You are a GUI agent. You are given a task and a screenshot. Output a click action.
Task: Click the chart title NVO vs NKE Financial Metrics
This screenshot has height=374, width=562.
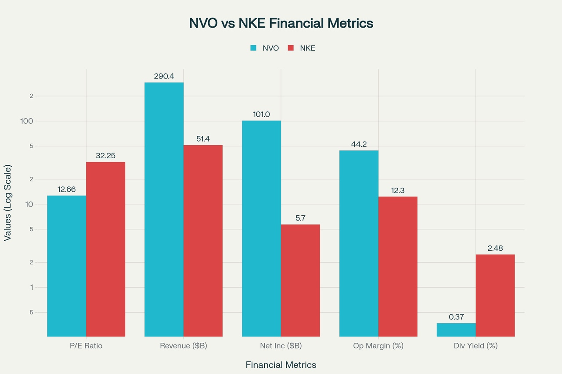pyautogui.click(x=281, y=23)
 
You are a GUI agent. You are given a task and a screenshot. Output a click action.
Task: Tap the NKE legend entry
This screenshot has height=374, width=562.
pyautogui.click(x=302, y=48)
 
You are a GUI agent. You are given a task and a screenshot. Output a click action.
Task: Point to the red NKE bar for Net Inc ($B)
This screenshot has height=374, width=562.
pyautogui.click(x=300, y=281)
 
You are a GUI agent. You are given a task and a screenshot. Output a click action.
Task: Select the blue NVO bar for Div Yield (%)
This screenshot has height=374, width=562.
pyautogui.click(x=456, y=330)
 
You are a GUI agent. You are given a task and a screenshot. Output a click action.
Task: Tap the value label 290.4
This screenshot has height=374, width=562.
pyautogui.click(x=164, y=76)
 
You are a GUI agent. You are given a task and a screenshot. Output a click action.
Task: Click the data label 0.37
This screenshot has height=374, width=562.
pyautogui.click(x=456, y=317)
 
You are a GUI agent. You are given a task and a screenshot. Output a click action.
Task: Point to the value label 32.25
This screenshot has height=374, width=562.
pyautogui.click(x=105, y=156)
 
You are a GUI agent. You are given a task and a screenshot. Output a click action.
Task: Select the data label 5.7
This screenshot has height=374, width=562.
pyautogui.click(x=300, y=218)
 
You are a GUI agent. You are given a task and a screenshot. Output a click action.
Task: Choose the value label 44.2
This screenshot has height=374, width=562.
pyautogui.click(x=359, y=144)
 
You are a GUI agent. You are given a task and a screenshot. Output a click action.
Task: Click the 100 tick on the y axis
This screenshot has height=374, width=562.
pyautogui.click(x=27, y=121)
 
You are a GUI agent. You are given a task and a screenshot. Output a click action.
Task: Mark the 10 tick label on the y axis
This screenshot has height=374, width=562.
pyautogui.click(x=29, y=204)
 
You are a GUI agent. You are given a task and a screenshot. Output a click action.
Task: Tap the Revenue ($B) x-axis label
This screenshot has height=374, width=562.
pyautogui.click(x=184, y=346)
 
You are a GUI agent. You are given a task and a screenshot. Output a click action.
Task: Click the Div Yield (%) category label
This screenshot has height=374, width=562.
pyautogui.click(x=476, y=346)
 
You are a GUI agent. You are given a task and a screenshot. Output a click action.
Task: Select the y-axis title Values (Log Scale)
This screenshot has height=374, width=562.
pyautogui.click(x=8, y=203)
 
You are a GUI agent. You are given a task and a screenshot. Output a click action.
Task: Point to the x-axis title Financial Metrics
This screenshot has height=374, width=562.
pyautogui.click(x=281, y=365)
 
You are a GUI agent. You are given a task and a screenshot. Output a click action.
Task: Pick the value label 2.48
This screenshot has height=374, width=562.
pyautogui.click(x=495, y=248)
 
